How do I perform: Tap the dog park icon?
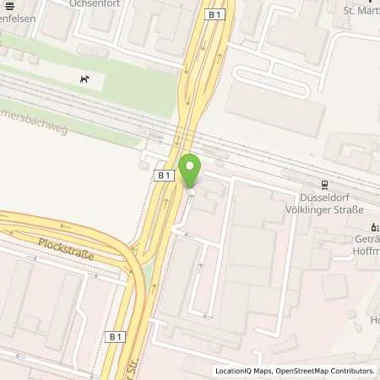tap(84, 79)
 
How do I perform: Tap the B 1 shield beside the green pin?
tap(165, 175)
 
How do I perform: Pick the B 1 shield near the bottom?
tap(117, 336)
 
